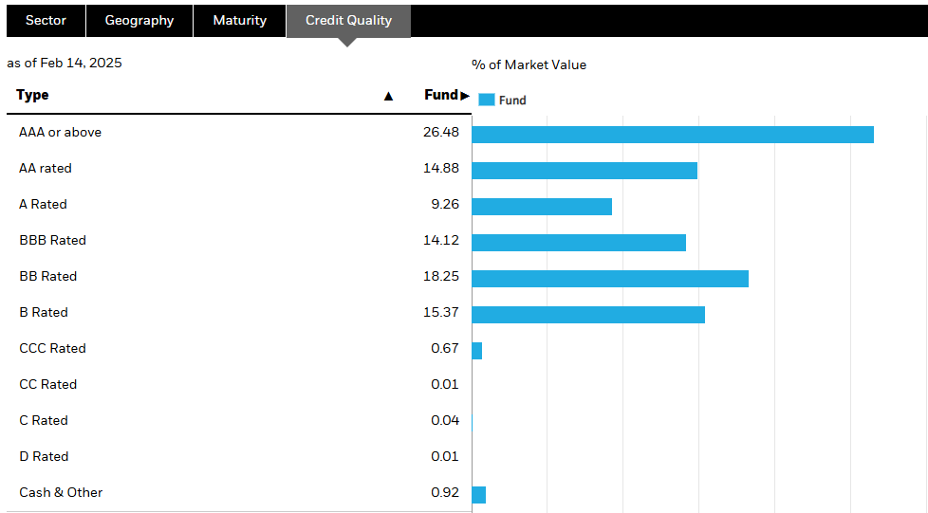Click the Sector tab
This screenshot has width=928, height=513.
point(46,20)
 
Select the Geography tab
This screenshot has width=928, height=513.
point(139,20)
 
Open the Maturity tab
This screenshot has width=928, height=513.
point(239,20)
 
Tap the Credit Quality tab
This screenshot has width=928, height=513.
point(348,20)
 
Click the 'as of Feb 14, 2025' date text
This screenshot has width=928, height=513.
point(65,63)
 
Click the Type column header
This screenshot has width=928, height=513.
point(33,95)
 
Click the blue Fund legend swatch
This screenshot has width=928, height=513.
point(487,100)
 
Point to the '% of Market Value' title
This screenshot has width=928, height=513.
point(529,64)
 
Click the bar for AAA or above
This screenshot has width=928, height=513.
point(672,135)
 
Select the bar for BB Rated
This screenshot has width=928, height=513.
point(609,279)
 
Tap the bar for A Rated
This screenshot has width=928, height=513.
point(541,207)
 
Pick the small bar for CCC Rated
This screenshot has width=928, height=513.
point(476,351)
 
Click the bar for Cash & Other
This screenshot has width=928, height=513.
point(478,495)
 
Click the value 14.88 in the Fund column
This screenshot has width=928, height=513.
point(441,168)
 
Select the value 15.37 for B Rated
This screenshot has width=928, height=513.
point(441,312)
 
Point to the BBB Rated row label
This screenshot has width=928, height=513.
point(52,240)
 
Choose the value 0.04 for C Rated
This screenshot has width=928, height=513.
point(444,420)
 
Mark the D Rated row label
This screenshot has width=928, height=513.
point(44,456)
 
